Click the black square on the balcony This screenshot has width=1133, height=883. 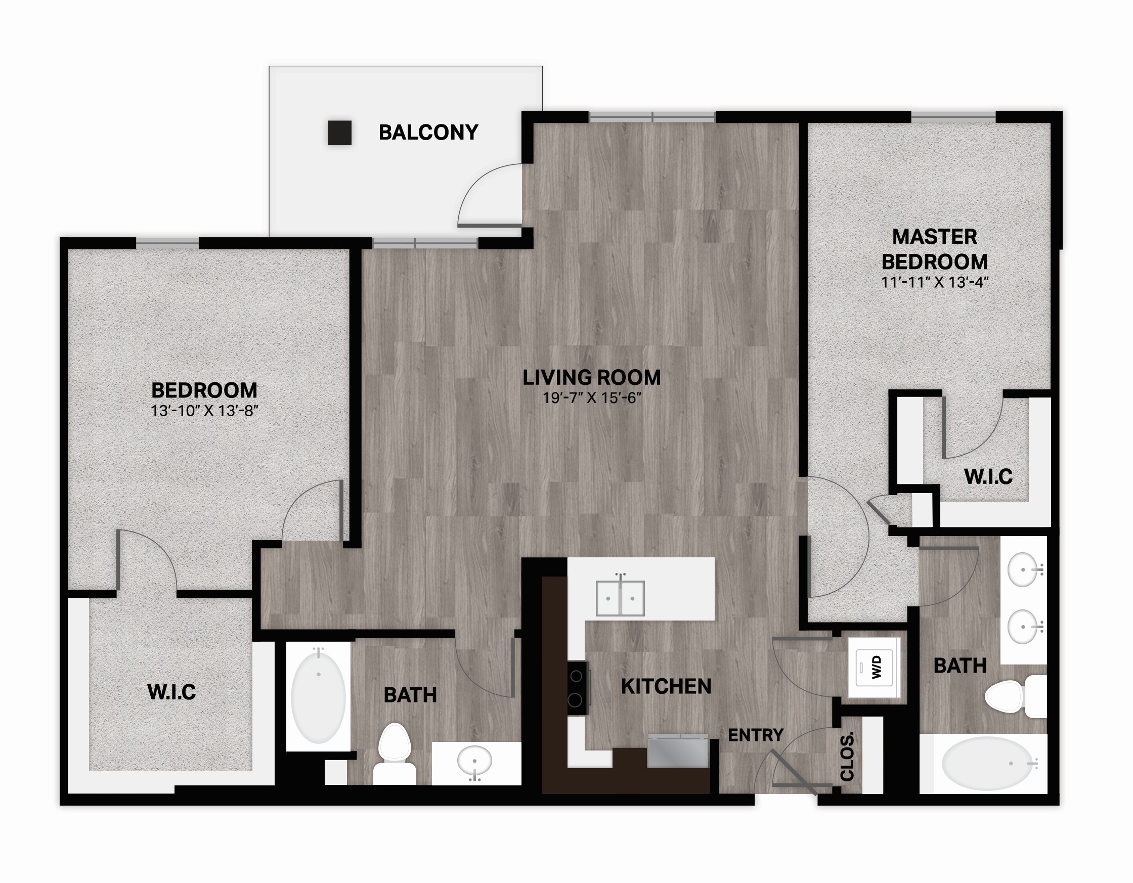point(339,133)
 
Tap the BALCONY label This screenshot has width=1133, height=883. point(428,133)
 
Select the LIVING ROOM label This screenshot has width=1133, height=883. point(591,377)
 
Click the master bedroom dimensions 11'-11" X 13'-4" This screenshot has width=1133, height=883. point(934,282)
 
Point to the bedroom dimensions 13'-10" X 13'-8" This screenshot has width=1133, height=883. point(204,411)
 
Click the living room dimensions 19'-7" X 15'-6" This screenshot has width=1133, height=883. point(592,398)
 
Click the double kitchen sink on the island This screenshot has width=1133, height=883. point(620,598)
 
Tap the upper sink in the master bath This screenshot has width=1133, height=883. point(1023,569)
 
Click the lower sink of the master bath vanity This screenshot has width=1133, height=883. point(1023,627)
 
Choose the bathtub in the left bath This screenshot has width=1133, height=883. point(318,697)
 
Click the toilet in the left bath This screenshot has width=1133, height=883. point(395,754)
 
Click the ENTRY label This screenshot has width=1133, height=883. point(755,735)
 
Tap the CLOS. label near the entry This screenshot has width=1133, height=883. point(847,757)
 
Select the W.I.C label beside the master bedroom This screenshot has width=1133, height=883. point(988,476)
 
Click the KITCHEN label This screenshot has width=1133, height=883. point(666,686)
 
